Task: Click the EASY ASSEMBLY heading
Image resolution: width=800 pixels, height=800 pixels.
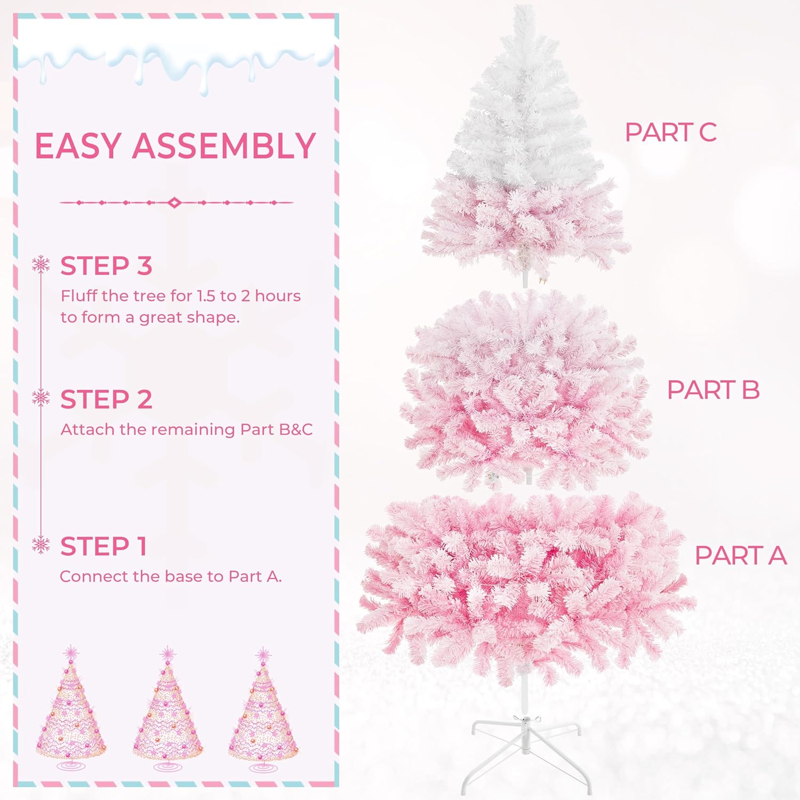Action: (x=175, y=146)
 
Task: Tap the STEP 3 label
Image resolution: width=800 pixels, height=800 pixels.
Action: (x=106, y=266)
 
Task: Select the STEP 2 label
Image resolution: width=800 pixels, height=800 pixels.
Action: (x=106, y=399)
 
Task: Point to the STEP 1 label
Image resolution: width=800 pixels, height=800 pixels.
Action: (x=103, y=546)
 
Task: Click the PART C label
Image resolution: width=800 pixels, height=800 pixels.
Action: (x=670, y=132)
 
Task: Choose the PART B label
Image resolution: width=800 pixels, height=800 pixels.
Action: (x=713, y=390)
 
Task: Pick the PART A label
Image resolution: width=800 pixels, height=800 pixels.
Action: (x=740, y=555)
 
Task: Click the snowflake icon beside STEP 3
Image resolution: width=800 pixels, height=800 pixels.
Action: (x=41, y=265)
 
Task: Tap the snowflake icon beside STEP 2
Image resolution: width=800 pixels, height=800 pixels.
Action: (x=41, y=398)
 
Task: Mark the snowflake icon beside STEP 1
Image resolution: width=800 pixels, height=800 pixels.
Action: (x=41, y=545)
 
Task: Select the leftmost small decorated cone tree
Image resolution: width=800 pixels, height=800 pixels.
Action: (x=71, y=715)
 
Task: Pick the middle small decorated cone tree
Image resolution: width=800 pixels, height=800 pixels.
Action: (x=167, y=715)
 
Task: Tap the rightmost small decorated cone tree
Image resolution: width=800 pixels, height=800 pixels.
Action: (x=263, y=715)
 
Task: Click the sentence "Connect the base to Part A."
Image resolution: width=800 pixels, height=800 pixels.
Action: (x=171, y=577)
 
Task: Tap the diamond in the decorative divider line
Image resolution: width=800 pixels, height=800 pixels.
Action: (x=174, y=203)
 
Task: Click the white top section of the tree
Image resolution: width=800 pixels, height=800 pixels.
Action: (x=520, y=107)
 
